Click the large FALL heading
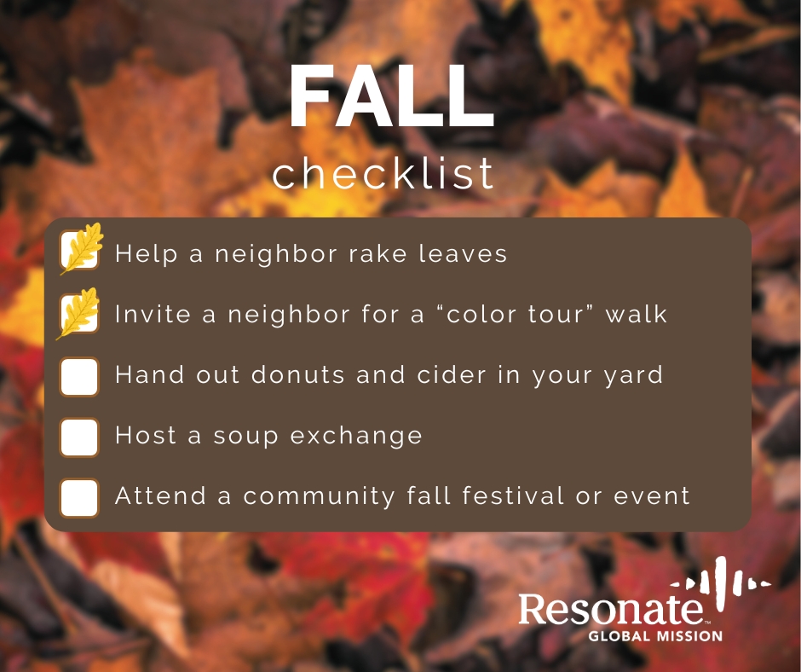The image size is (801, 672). tap(391, 99)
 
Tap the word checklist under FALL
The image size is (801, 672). tap(383, 174)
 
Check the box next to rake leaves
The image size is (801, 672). tap(80, 252)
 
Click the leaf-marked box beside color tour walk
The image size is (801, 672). tap(80, 314)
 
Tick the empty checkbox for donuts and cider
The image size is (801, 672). tap(80, 376)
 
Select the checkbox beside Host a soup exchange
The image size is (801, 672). tap(80, 437)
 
